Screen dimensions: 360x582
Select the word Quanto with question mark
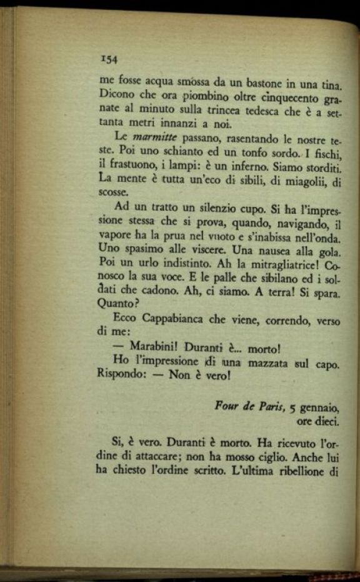coord(116,305)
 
